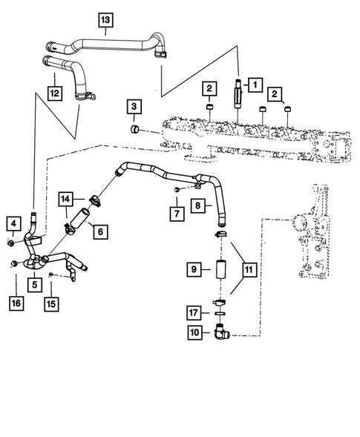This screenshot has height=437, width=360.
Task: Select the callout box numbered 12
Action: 53,93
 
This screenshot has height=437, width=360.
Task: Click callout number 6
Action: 97,231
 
